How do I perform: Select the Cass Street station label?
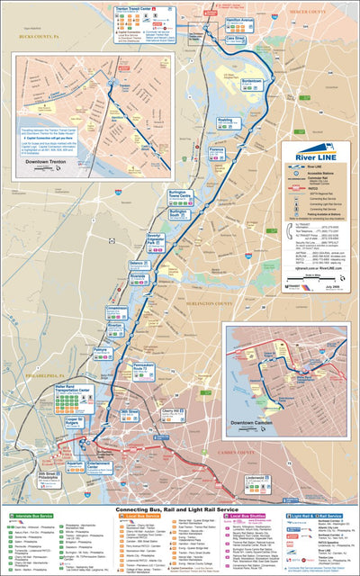point(236,40)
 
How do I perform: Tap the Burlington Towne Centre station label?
point(181,194)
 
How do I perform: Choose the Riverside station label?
point(141,278)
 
